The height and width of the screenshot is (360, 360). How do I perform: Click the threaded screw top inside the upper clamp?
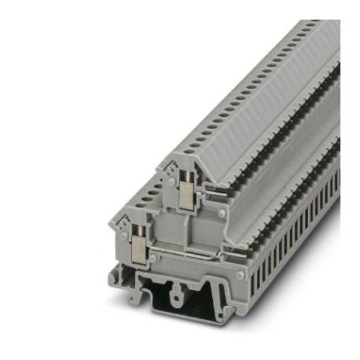point(186,186)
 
